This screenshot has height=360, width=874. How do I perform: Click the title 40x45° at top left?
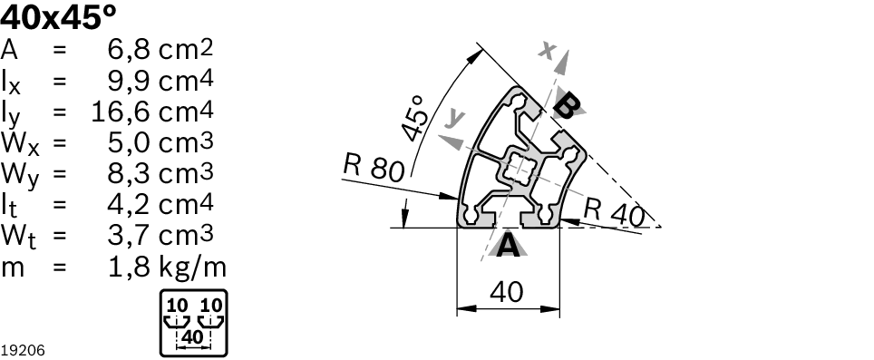click(x=59, y=18)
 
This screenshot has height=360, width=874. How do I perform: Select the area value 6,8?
click(x=129, y=51)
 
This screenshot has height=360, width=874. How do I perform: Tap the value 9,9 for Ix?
click(x=129, y=82)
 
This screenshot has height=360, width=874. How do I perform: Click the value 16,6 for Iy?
click(x=121, y=112)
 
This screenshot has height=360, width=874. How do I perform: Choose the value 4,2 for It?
click(x=129, y=205)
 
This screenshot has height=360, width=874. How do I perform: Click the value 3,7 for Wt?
click(x=129, y=236)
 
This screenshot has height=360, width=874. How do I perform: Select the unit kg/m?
click(x=193, y=268)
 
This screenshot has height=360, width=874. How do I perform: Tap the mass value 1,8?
click(x=129, y=267)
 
